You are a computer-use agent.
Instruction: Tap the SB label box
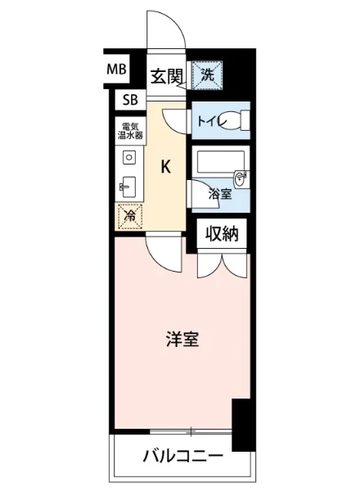(x=130, y=101)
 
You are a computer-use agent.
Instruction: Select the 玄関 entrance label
(x=166, y=77)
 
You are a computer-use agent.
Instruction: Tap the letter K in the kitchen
(x=165, y=167)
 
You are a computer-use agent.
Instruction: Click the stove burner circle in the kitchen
(x=128, y=157)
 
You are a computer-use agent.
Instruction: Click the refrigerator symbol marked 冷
(x=128, y=215)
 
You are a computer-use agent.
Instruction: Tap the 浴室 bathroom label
(x=218, y=194)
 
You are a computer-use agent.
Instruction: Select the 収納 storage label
(x=221, y=235)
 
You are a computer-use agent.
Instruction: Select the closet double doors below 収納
(x=222, y=264)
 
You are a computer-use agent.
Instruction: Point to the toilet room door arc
(x=177, y=119)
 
